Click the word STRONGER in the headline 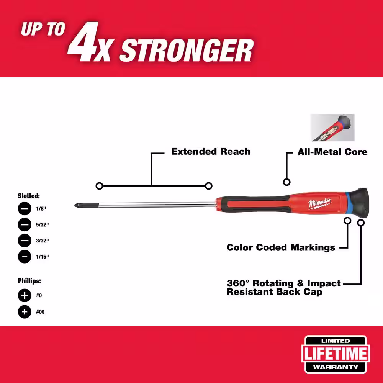[187, 50]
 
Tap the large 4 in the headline [83, 41]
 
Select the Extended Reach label [211, 151]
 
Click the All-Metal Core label [332, 152]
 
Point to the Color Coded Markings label [281, 247]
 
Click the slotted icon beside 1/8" [25, 209]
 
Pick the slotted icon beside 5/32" [25, 224]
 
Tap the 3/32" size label [42, 241]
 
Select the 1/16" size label [42, 257]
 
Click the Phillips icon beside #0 [25, 296]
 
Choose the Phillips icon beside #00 [25, 312]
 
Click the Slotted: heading [29, 196]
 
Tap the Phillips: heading [29, 281]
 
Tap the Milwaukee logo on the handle [319, 203]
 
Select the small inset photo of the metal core [332, 128]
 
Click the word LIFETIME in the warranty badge [336, 354]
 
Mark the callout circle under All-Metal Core [286, 182]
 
